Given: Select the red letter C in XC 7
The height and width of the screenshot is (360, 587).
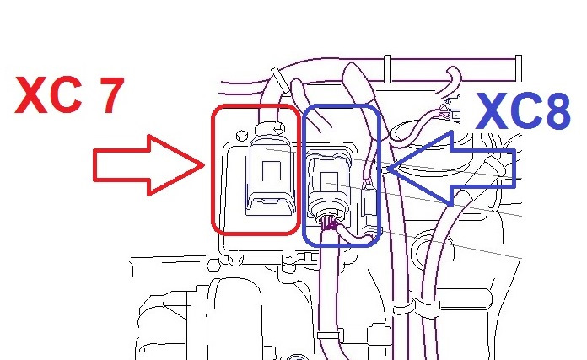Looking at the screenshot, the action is (x=67, y=94).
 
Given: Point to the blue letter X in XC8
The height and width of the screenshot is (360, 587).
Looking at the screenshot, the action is (x=493, y=111).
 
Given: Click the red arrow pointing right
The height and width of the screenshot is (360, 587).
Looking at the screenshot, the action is (x=148, y=165).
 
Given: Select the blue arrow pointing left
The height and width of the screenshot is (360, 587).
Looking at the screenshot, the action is (x=451, y=169).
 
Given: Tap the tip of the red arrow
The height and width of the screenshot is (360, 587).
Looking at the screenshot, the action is (x=204, y=165).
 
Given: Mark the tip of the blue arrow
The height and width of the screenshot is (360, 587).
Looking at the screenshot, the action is (x=387, y=169).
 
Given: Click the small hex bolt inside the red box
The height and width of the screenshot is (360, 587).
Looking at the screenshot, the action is (x=242, y=135).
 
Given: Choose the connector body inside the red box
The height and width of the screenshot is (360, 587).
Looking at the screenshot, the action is (x=268, y=176).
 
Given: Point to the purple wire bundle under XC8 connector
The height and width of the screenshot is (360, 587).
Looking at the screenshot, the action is (x=331, y=225).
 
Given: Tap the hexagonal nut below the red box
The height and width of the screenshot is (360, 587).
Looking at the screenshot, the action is (x=213, y=265).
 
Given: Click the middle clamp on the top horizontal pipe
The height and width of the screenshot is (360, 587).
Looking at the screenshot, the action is (x=387, y=69).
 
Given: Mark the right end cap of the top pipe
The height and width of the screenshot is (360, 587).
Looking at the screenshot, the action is (x=518, y=67).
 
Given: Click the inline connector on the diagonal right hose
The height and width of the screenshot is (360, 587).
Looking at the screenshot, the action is (x=495, y=167).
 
